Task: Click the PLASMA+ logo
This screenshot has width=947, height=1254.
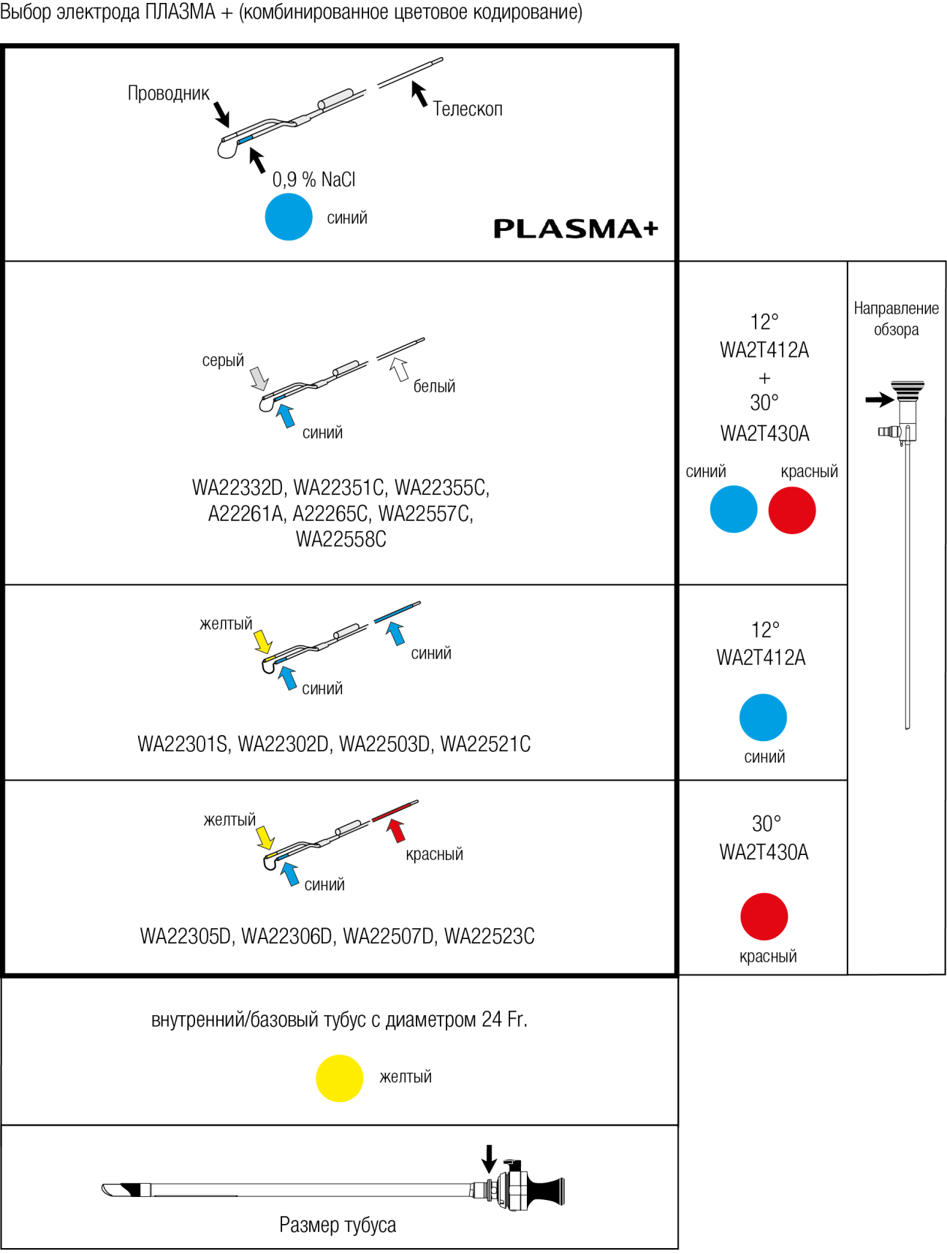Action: coord(576,229)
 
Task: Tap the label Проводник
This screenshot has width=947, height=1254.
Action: coord(169,94)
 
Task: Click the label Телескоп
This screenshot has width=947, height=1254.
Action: coord(468,109)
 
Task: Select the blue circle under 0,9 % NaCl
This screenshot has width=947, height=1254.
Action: coord(289,216)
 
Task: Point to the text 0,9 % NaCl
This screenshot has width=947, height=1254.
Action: coord(314,179)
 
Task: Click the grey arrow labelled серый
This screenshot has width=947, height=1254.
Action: coord(259,379)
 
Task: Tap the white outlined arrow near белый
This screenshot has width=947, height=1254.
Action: coord(399,369)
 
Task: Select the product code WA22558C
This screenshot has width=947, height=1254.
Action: coord(341,539)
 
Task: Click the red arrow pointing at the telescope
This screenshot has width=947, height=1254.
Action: coord(396,830)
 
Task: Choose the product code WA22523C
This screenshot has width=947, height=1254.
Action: coord(490,936)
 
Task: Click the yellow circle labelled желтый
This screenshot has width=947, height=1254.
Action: coord(339,1078)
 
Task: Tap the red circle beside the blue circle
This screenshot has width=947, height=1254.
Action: coord(792,510)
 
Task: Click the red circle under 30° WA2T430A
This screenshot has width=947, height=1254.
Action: coord(764,916)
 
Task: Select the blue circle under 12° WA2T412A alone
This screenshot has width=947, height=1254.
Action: coord(763,718)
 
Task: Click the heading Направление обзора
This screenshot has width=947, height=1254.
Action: coord(897,319)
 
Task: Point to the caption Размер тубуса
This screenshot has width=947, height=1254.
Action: coord(338,1225)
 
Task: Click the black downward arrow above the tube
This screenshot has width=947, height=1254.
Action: coord(490,1159)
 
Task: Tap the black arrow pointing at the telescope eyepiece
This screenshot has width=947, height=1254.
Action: coord(880,400)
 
